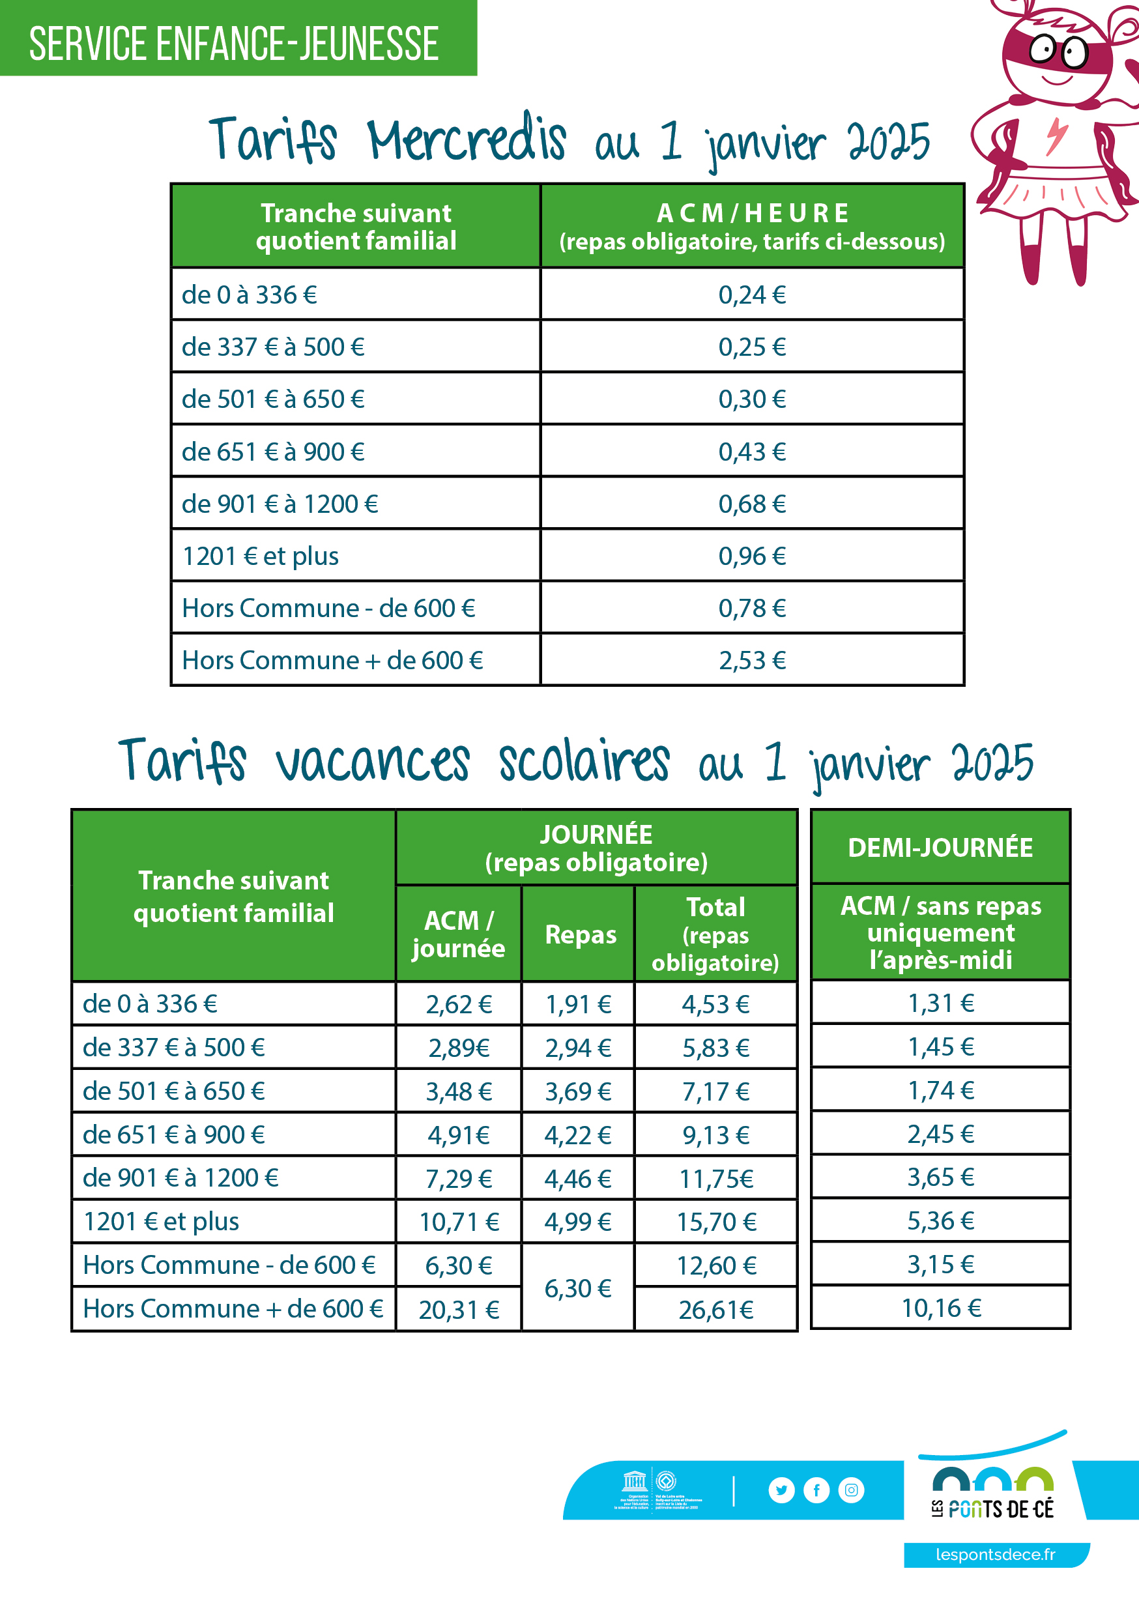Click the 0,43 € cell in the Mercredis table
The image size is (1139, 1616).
752,452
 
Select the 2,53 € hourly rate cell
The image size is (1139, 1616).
752,660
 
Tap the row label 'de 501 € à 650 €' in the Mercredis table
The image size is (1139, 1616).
273,399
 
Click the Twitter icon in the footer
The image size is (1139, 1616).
781,1490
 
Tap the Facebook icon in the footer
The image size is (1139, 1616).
816,1490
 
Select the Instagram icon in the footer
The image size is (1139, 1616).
851,1490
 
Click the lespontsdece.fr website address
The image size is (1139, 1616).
996,1554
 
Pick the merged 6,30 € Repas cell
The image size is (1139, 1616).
578,1288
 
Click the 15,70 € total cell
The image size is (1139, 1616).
716,1222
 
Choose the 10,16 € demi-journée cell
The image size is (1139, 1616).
941,1308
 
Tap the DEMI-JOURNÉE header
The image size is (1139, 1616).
940,847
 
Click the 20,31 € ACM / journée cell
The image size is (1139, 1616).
459,1310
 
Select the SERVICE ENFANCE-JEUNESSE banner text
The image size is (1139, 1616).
234,44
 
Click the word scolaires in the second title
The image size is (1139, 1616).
584,762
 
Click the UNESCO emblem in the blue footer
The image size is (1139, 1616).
634,1482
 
